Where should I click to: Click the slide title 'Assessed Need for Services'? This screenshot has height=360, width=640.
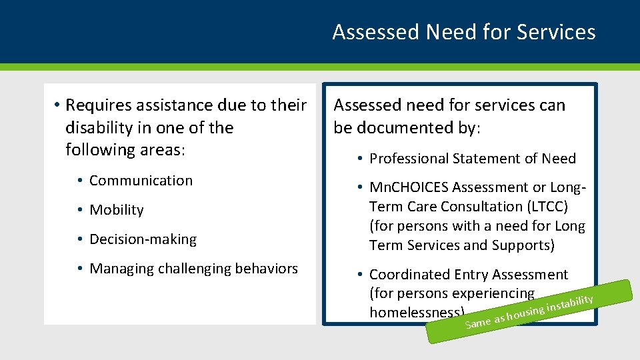[x=463, y=32]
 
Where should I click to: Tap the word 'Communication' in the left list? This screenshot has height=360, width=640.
[x=141, y=181]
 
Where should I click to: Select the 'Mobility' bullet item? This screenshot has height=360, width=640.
[x=117, y=210]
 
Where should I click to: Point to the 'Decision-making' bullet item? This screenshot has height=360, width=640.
[x=143, y=239]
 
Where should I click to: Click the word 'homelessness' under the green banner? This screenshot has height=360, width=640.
[x=413, y=312]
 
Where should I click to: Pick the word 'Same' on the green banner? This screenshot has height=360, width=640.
[x=477, y=323]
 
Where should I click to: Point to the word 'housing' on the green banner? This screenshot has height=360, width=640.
[x=525, y=312]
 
